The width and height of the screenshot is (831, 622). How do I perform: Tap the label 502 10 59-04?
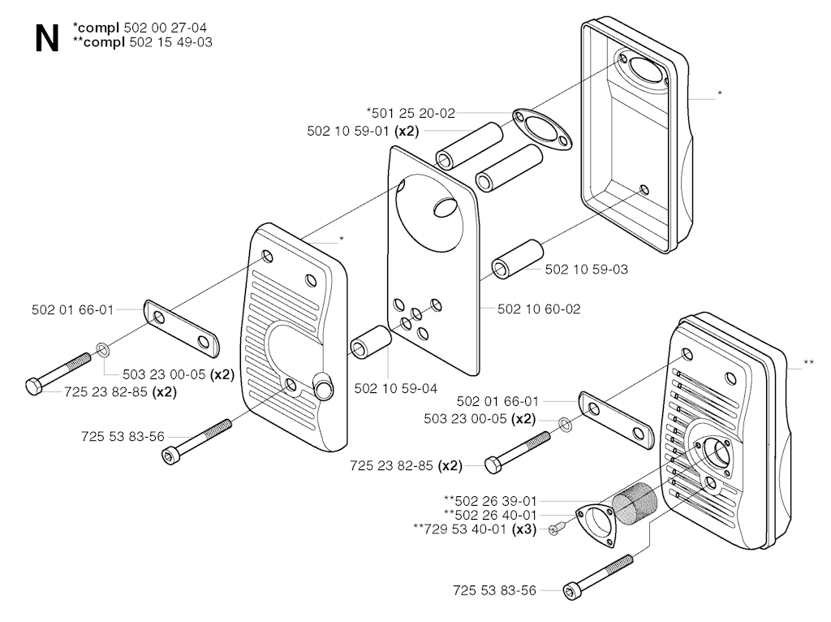click(x=396, y=389)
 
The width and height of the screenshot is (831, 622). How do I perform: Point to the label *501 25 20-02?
click(x=410, y=112)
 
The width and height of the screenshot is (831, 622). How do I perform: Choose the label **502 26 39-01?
click(x=489, y=500)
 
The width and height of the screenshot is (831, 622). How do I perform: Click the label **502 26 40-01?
click(x=489, y=515)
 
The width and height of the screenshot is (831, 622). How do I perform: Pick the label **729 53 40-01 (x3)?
click(x=474, y=529)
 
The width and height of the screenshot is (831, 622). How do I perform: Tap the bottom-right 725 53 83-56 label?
click(x=495, y=591)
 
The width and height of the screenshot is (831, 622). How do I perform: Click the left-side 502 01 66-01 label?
click(x=72, y=309)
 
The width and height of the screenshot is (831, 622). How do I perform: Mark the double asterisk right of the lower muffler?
click(x=809, y=362)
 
